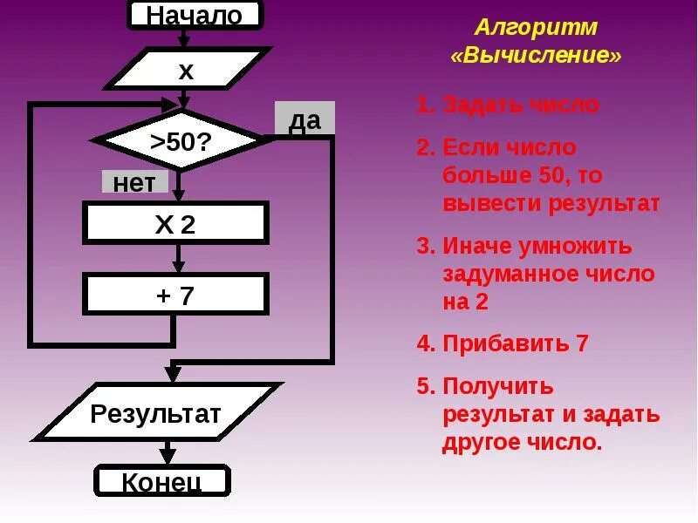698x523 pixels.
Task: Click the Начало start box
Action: (x=194, y=15)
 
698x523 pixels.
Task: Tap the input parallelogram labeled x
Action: (x=187, y=70)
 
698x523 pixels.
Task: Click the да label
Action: (x=305, y=120)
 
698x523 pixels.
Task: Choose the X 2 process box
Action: (x=175, y=224)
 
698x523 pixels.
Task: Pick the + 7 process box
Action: (x=175, y=295)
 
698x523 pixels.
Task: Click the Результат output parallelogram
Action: (x=156, y=413)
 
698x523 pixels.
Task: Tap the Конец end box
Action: (x=162, y=481)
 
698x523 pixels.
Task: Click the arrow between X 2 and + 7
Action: (x=179, y=258)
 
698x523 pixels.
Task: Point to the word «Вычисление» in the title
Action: (x=537, y=56)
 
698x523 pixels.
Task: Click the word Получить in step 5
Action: (x=498, y=386)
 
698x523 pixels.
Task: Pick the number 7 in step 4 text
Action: (x=582, y=343)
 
